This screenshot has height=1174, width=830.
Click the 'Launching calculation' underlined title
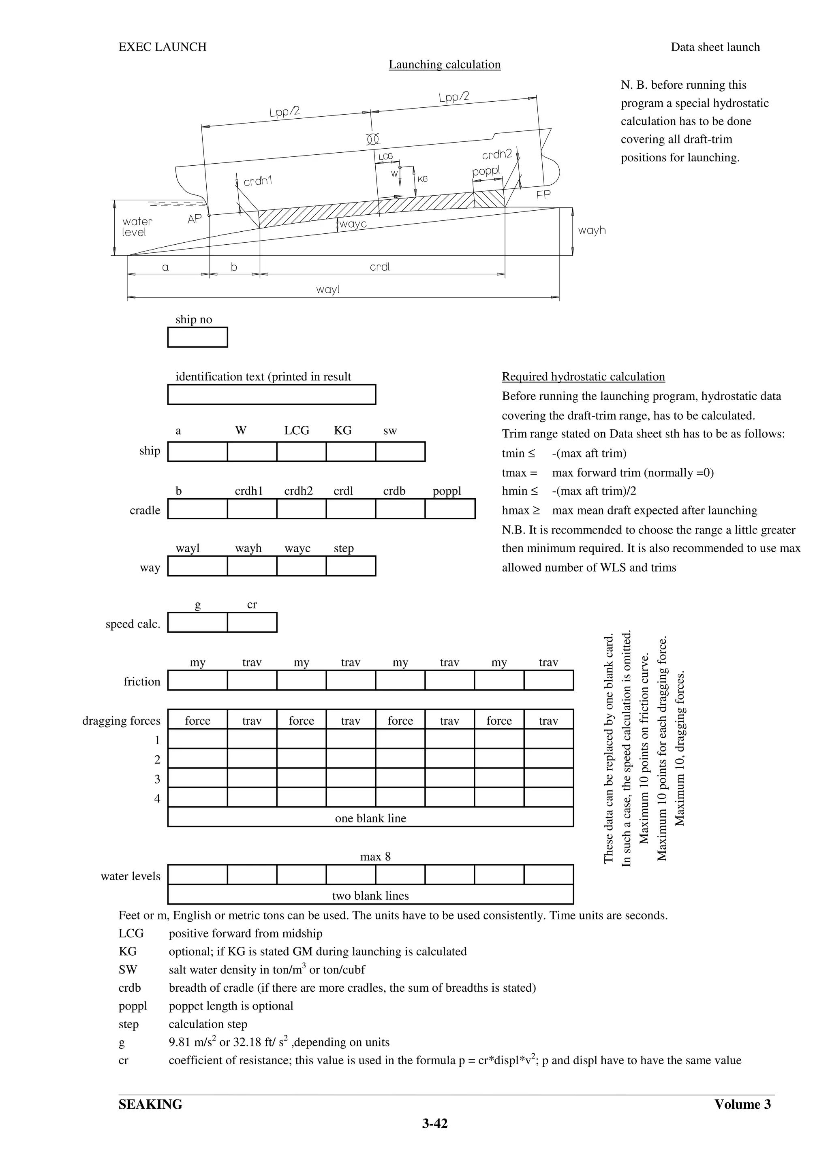(x=445, y=64)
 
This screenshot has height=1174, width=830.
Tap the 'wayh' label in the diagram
(x=592, y=230)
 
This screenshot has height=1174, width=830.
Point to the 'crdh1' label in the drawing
(x=258, y=181)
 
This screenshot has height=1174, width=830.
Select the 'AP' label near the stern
(x=195, y=219)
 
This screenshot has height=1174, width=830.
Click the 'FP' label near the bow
(x=543, y=195)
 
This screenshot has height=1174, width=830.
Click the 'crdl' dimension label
(x=379, y=267)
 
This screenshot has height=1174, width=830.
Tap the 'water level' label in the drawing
(x=137, y=226)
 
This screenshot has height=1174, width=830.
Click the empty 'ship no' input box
(x=197, y=337)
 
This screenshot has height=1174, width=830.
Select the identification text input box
(x=272, y=395)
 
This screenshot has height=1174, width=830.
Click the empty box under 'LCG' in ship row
(x=301, y=452)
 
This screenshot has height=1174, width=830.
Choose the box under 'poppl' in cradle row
(x=449, y=509)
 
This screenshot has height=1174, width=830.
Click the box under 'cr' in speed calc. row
(x=252, y=622)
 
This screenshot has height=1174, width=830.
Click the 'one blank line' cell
(x=370, y=818)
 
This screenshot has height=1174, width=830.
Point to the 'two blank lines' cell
(x=370, y=895)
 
